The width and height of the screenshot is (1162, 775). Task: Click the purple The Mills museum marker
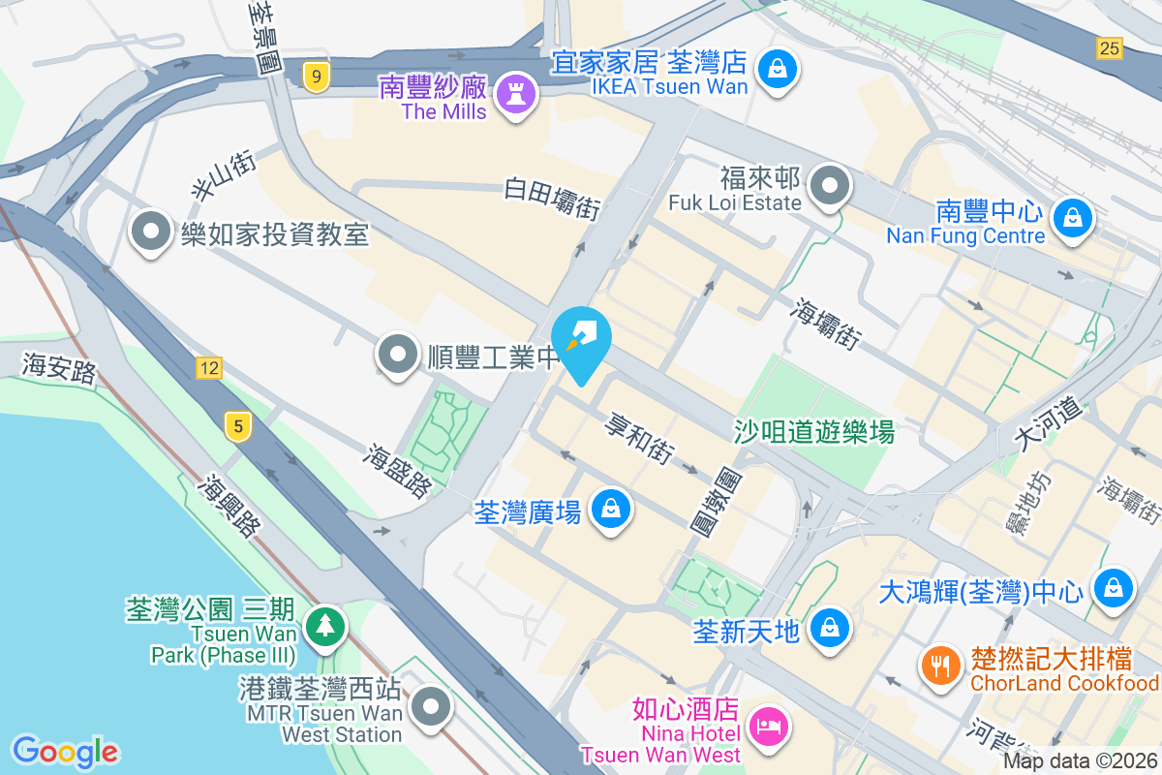coord(515,93)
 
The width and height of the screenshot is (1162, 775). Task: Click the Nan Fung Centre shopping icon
coord(1072,217)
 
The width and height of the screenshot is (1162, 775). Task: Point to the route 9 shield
coord(314,77)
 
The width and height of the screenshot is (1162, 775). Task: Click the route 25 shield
coord(1109,47)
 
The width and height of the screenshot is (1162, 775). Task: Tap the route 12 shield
coord(208,367)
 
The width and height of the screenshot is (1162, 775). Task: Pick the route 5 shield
coord(236,425)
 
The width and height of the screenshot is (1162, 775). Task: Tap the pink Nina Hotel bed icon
coord(769,724)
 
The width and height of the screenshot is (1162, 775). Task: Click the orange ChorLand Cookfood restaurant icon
coord(938,666)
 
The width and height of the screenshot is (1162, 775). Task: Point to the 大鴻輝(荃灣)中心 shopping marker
coord(1114,586)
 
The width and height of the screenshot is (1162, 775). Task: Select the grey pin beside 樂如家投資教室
coord(150,232)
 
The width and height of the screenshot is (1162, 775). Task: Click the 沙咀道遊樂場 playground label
coord(813,431)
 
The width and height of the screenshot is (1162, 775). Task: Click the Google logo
coord(65,752)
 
